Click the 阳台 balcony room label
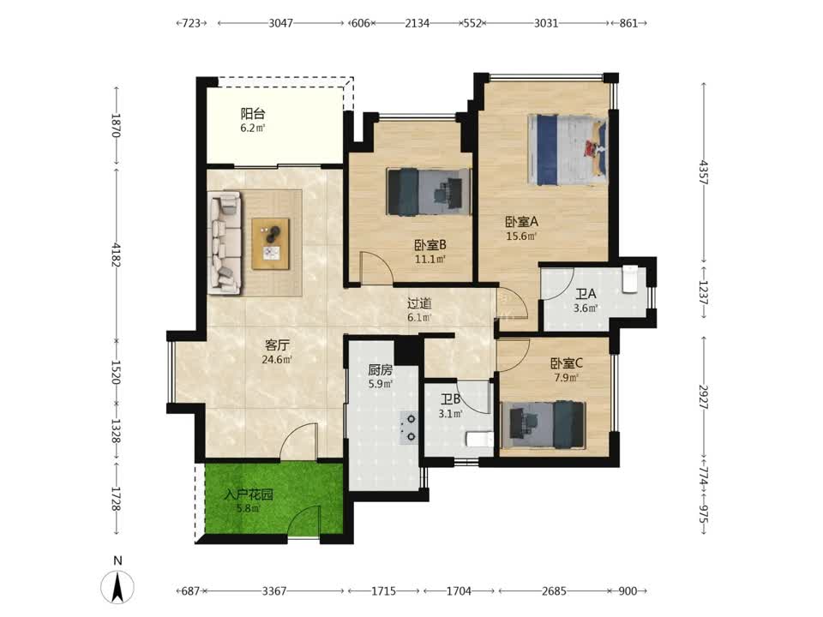click(252, 113)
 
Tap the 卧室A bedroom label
click(521, 221)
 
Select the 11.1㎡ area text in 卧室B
click(430, 259)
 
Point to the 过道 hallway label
click(419, 303)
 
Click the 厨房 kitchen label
click(380, 370)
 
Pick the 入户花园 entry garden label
click(249, 494)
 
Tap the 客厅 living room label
click(277, 345)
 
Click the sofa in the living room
click(225, 243)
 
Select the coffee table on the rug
click(271, 244)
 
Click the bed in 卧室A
click(568, 150)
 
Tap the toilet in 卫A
click(629, 279)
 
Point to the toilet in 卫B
click(480, 439)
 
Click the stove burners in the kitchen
click(409, 427)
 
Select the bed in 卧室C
click(544, 425)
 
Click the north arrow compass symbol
click(117, 586)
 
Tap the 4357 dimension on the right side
click(704, 172)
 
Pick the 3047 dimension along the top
click(281, 23)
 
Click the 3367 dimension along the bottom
click(274, 591)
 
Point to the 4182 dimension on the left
click(116, 255)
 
